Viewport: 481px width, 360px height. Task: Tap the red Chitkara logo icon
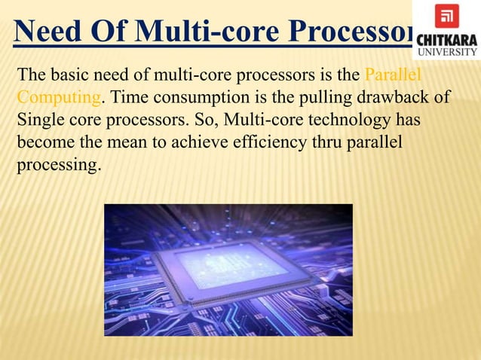446,16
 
